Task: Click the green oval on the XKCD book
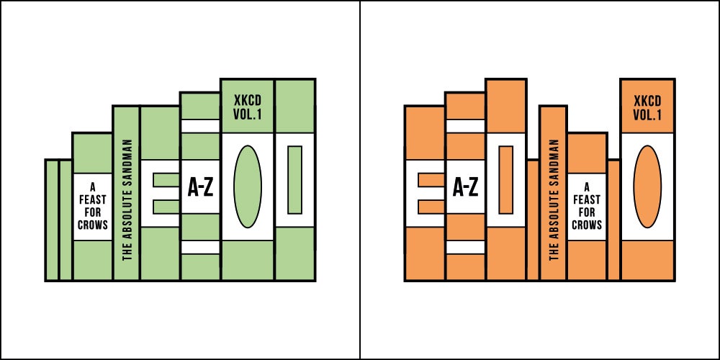pos(248,186)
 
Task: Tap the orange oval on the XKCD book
pos(647,186)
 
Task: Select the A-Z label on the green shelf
pos(201,187)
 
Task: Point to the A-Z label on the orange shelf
pos(466,187)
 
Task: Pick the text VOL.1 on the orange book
pos(647,115)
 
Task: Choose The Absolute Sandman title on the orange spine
pos(554,199)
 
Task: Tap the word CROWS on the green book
pos(92,225)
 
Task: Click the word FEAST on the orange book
pos(586,200)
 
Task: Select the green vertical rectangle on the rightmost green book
pos(294,179)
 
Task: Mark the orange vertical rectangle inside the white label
pos(505,179)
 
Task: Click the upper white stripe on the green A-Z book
pos(200,126)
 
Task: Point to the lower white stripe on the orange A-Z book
pos(465,248)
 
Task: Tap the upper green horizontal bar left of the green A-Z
pos(166,180)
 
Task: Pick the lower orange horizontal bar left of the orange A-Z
pos(431,207)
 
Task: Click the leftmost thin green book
pos(52,220)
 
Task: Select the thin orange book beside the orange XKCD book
pos(613,220)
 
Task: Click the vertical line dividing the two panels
pos(360,180)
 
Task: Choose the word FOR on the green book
pos(92,212)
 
